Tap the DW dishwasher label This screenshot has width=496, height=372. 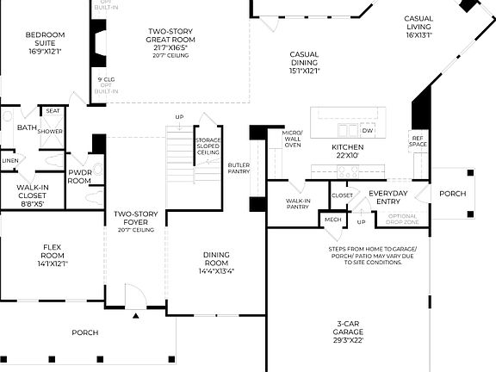pos(368,131)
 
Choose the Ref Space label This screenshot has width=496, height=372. pos(418,141)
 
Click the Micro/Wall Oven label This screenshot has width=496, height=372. pos(293,139)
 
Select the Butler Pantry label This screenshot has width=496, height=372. pos(239,168)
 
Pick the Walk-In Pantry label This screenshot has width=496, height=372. pos(297,203)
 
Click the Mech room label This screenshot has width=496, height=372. pos(332,220)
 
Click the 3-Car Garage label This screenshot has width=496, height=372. pos(350,332)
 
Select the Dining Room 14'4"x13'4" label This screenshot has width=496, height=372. pos(216,263)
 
